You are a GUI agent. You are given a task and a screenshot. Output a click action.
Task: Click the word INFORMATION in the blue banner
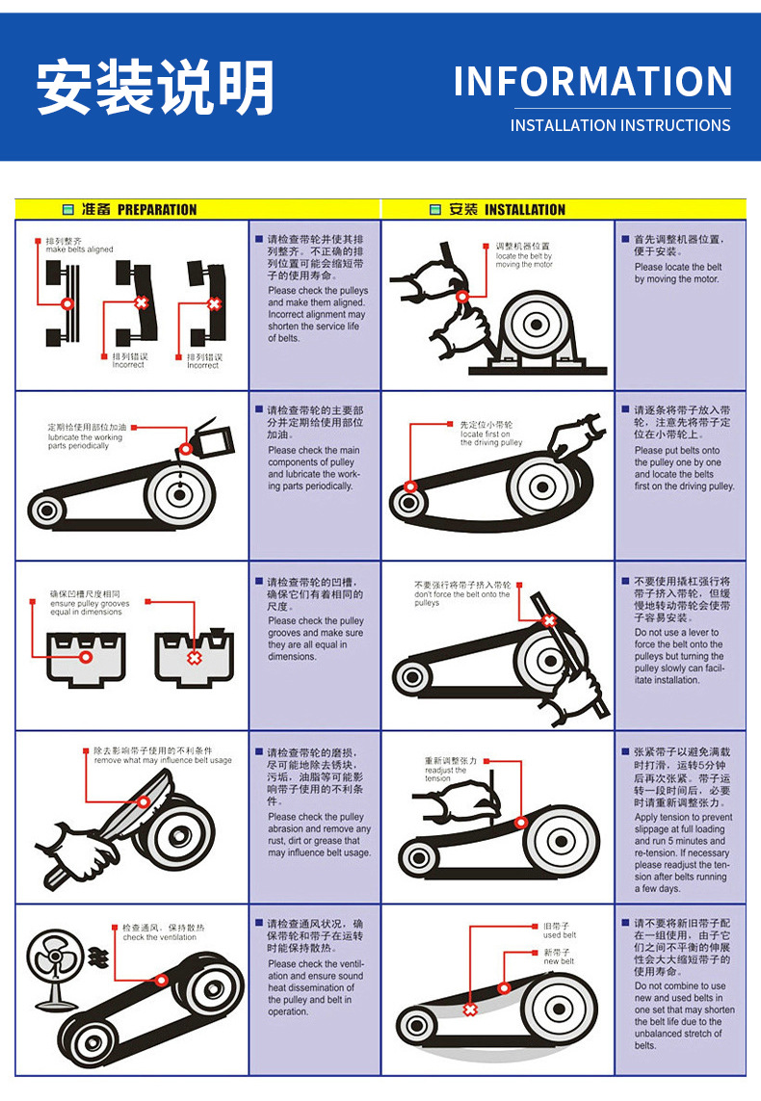tap(592, 81)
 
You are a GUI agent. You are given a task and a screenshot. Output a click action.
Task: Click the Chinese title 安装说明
tap(155, 88)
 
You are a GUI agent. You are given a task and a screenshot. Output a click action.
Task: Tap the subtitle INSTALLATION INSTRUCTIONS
tap(619, 125)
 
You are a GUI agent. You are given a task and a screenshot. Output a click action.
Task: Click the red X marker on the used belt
tap(470, 1009)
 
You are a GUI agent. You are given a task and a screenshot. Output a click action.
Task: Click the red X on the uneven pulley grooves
tap(194, 658)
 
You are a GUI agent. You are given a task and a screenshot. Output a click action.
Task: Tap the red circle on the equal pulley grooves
tap(86, 657)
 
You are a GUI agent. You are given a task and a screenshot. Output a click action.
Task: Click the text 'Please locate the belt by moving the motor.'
tap(678, 273)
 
